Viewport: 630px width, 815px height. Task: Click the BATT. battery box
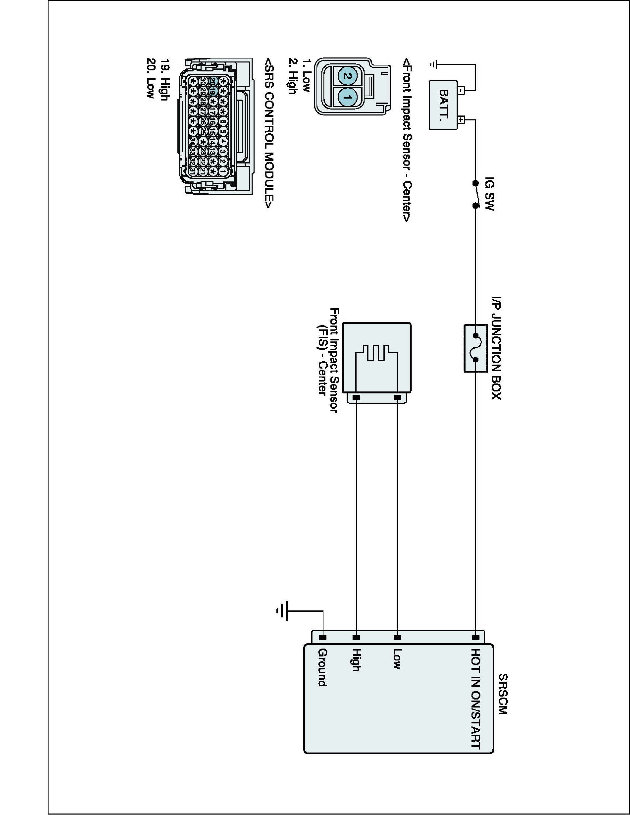click(x=443, y=105)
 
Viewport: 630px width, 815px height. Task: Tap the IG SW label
click(x=489, y=194)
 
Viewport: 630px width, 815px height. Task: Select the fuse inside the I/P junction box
click(x=475, y=348)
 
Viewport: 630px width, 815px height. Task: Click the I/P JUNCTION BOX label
click(x=496, y=348)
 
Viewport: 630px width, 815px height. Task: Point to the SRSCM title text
click(x=503, y=694)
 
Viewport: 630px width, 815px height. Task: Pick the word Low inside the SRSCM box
click(x=397, y=659)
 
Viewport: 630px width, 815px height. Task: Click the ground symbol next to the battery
click(x=433, y=65)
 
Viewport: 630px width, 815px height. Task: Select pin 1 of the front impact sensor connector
click(x=347, y=98)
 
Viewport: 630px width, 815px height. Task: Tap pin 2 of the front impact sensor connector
click(x=347, y=76)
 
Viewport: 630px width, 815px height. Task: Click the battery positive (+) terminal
click(x=461, y=120)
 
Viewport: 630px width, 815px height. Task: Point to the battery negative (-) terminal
click(x=461, y=90)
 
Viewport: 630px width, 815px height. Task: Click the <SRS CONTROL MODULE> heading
click(x=269, y=133)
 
